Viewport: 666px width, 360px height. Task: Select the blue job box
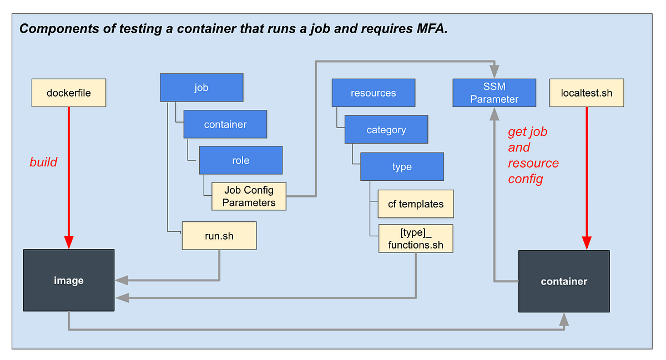[x=201, y=88]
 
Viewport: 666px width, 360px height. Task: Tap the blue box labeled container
[x=225, y=124]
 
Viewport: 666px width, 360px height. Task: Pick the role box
[x=240, y=160]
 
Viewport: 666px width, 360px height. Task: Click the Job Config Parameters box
[x=249, y=196]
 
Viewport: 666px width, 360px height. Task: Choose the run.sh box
[x=219, y=236]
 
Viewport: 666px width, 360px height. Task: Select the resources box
[x=373, y=93]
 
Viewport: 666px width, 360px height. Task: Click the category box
[x=386, y=130]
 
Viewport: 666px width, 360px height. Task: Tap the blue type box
[x=402, y=166]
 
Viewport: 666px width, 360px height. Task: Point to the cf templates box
[x=415, y=204]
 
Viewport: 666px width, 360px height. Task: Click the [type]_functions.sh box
[x=415, y=239]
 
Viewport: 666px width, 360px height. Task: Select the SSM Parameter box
[x=494, y=93]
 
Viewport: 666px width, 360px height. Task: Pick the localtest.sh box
[x=587, y=93]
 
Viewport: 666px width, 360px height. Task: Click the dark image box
[x=69, y=280]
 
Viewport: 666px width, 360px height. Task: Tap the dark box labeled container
[x=563, y=281]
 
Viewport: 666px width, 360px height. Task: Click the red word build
[x=43, y=162]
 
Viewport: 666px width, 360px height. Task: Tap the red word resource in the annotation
[x=533, y=163]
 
